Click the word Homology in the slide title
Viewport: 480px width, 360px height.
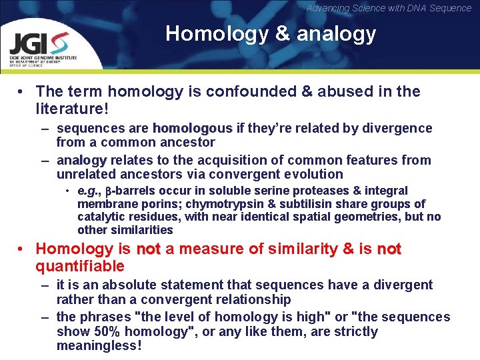[x=205, y=33]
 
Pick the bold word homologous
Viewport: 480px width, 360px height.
[x=193, y=128]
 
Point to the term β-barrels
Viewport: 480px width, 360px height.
[x=129, y=191]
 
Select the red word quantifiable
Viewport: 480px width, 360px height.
[x=80, y=267]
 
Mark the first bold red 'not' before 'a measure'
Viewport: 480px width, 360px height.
[x=149, y=249]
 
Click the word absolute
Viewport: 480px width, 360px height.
[x=133, y=285]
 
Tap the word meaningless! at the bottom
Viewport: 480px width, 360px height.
[x=99, y=346]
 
